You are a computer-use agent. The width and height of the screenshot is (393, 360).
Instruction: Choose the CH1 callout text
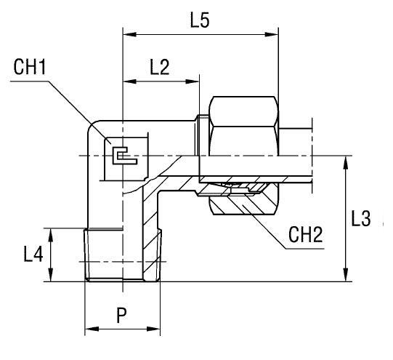(30, 68)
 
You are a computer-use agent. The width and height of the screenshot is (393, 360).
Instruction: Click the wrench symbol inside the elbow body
(120, 153)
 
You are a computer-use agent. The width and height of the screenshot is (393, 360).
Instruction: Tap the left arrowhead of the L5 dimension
(128, 33)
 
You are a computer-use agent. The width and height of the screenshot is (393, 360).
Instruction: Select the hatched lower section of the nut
(243, 200)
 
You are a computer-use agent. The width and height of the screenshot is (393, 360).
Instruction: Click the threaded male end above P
(122, 255)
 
